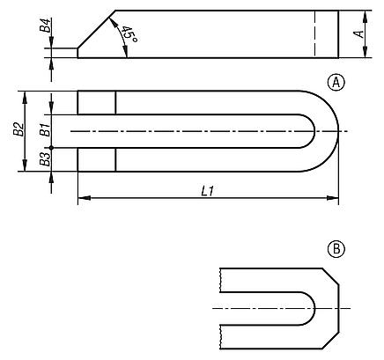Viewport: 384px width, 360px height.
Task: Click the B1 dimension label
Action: (x=43, y=132)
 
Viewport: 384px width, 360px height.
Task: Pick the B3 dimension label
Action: (x=43, y=159)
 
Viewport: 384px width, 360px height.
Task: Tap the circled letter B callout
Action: (x=335, y=249)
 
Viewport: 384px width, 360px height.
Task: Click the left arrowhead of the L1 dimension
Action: (x=82, y=200)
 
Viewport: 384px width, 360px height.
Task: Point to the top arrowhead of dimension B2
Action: (x=26, y=94)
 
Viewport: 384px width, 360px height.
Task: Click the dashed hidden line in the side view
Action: (x=314, y=34)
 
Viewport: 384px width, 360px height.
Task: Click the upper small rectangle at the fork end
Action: (x=96, y=102)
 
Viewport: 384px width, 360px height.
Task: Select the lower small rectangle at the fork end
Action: (x=96, y=159)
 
